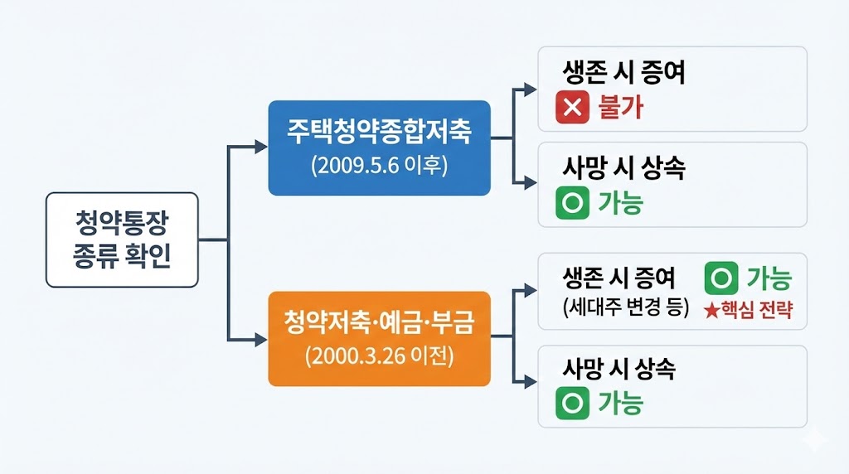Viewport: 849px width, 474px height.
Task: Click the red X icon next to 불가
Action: (x=572, y=108)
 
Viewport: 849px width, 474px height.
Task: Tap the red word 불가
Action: (x=619, y=108)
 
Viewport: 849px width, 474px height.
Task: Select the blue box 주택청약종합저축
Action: (x=379, y=148)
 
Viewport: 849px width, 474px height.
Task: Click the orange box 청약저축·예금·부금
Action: (x=379, y=338)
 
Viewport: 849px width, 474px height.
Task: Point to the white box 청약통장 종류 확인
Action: (x=122, y=239)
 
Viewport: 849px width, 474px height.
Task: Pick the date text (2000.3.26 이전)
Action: (x=379, y=357)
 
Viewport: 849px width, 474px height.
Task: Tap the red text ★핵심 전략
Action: (x=748, y=311)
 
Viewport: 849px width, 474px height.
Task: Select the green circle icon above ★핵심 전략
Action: (x=720, y=279)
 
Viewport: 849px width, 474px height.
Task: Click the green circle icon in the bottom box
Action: (x=572, y=403)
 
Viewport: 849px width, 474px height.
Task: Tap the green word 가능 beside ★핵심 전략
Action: (x=769, y=279)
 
